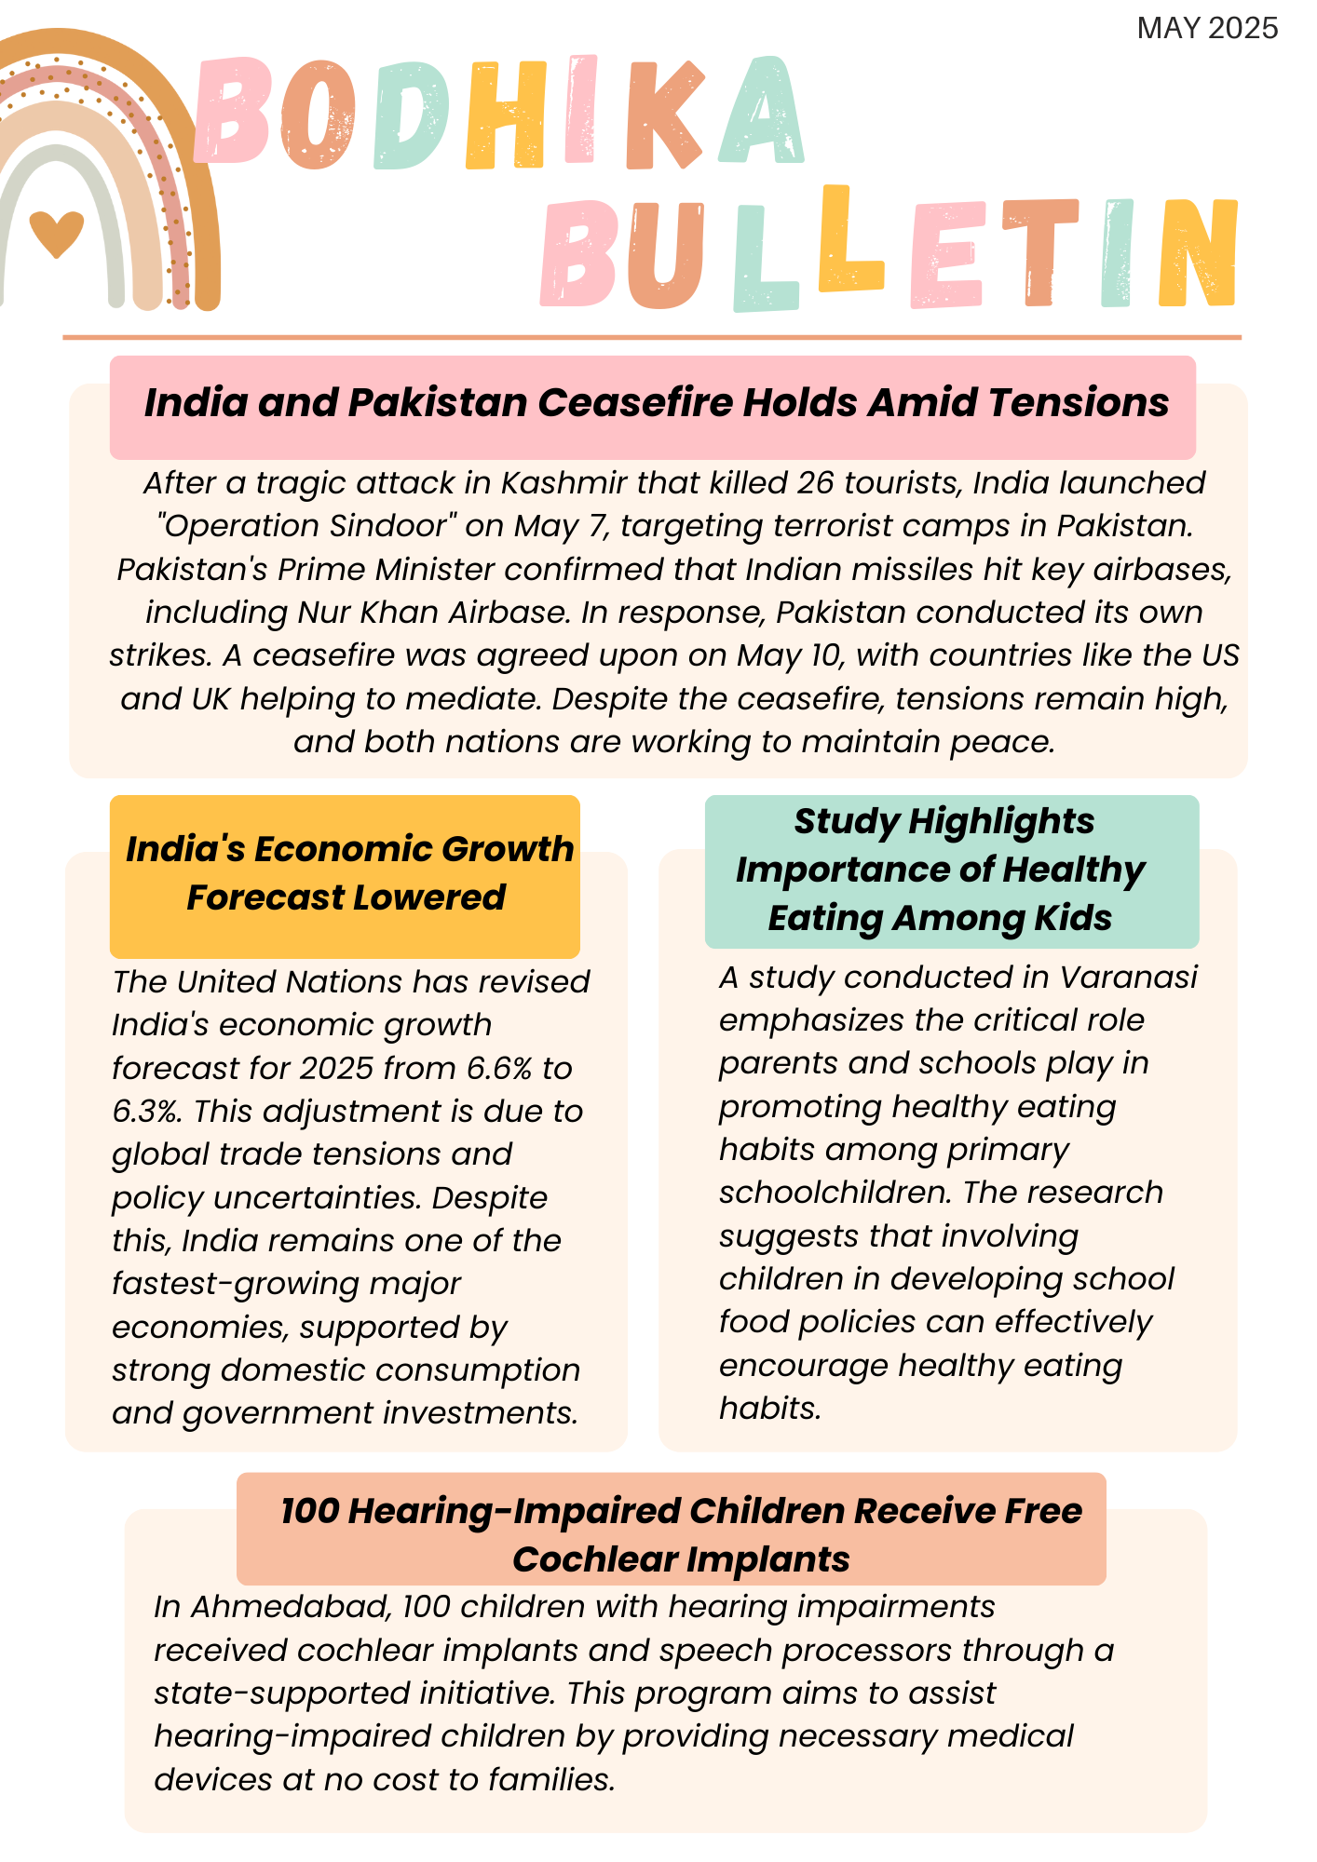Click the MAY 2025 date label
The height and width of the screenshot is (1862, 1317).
[1207, 29]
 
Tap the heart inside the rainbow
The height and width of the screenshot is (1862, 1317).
[57, 233]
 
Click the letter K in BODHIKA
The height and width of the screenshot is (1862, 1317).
[663, 115]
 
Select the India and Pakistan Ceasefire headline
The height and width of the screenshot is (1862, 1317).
[656, 403]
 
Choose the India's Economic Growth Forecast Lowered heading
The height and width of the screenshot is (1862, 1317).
[346, 873]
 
